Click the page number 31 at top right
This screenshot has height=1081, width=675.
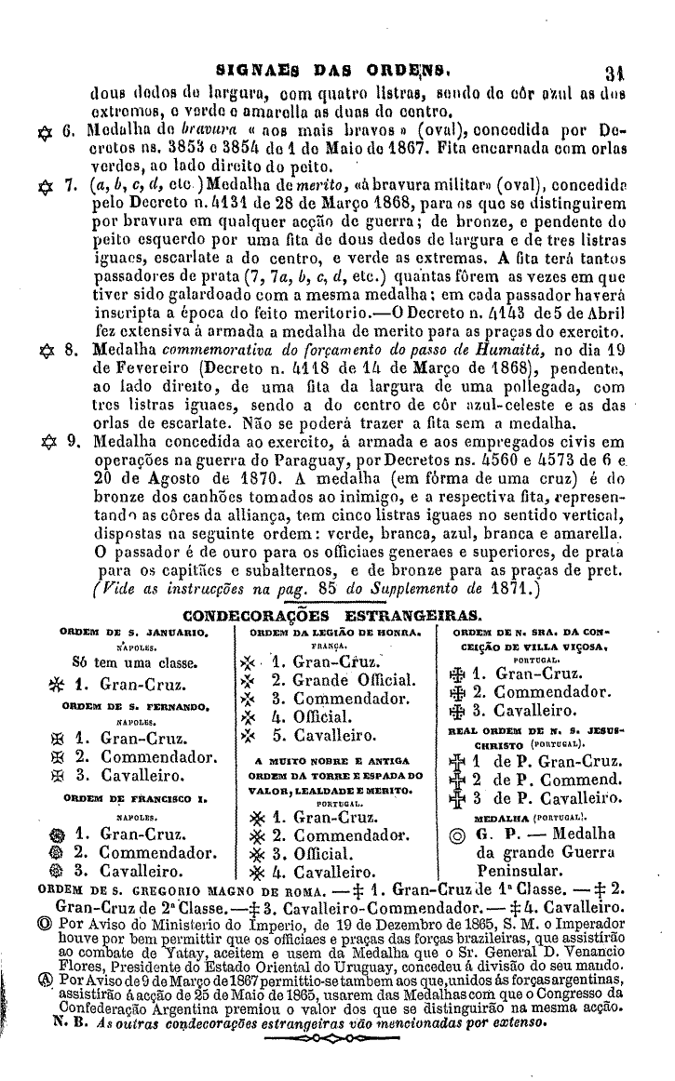[x=638, y=67]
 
